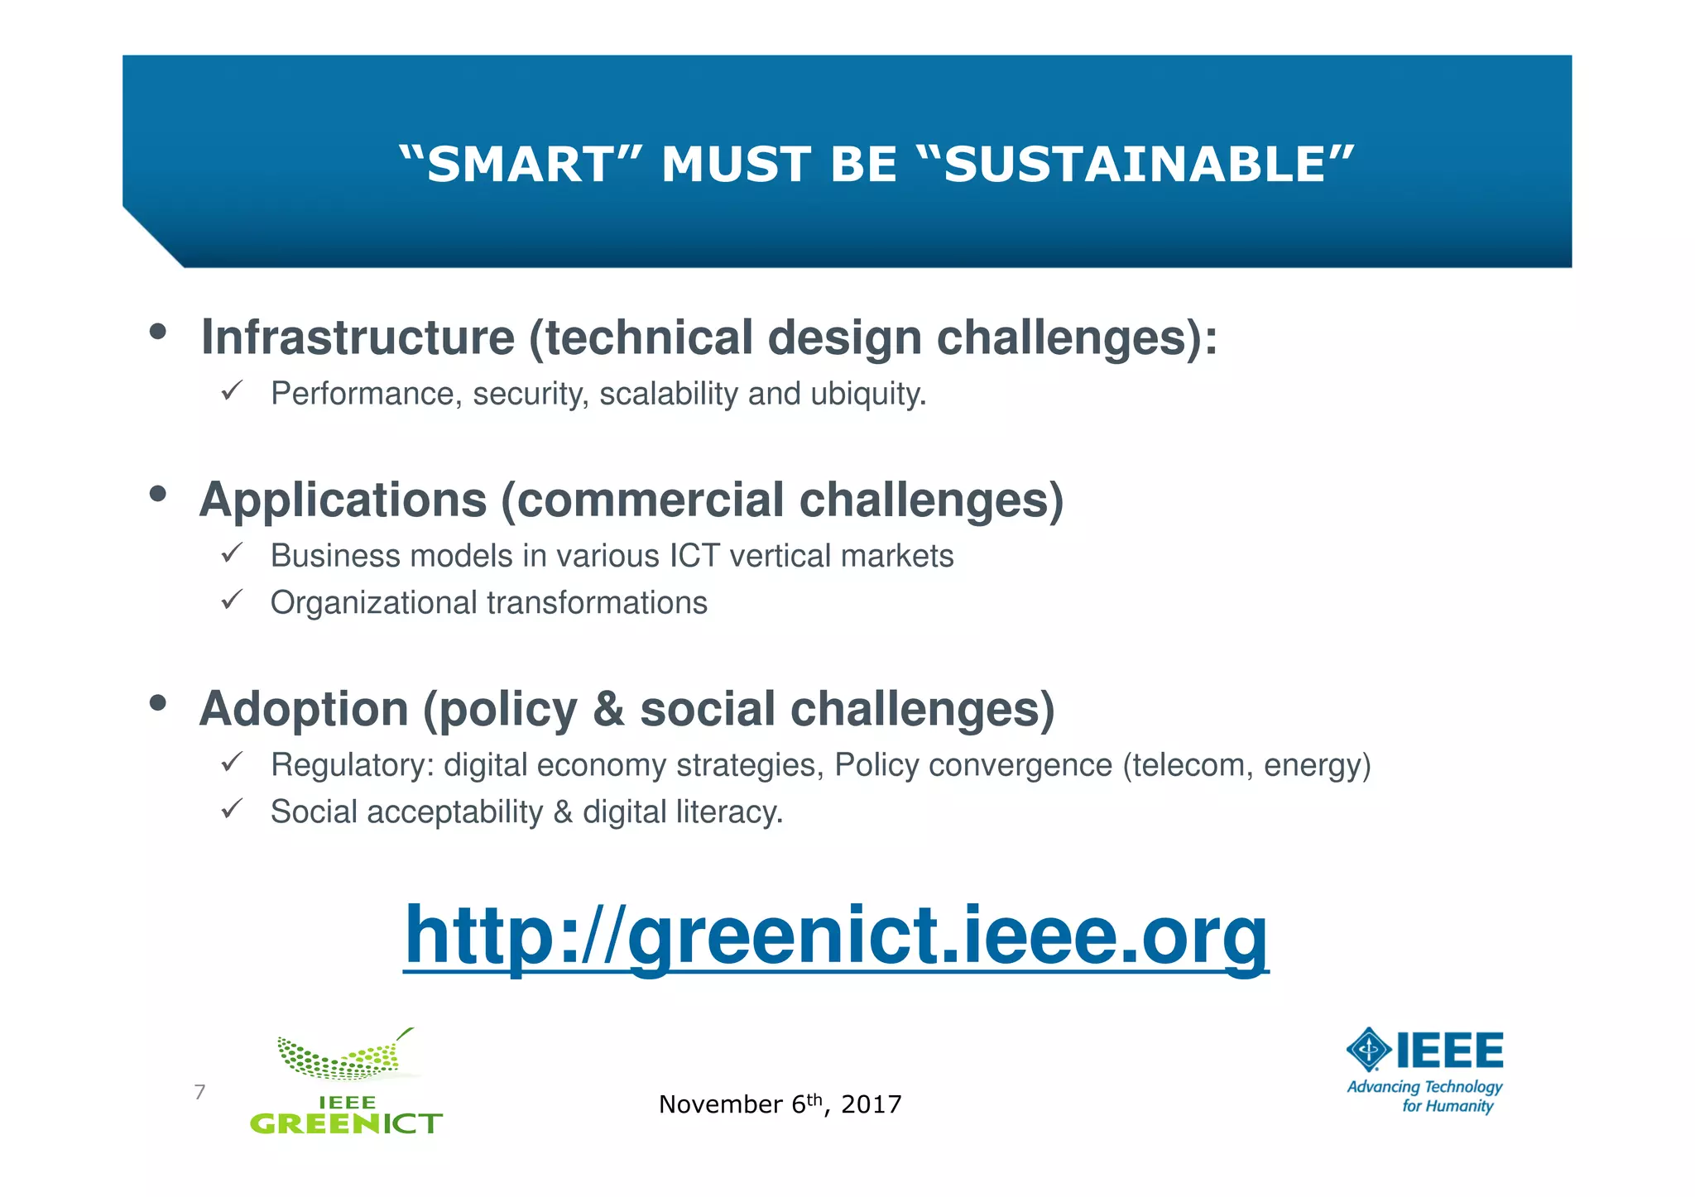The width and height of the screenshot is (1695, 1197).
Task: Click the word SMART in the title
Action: (520, 164)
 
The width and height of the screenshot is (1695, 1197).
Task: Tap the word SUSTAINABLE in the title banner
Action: (1136, 164)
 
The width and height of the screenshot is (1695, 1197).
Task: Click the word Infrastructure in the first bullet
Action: (358, 338)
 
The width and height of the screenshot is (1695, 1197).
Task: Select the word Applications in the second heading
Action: (343, 500)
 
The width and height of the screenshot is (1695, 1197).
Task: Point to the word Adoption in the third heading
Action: (304, 709)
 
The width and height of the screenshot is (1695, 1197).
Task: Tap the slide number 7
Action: (199, 1092)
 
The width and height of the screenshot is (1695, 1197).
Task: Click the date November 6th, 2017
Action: (780, 1104)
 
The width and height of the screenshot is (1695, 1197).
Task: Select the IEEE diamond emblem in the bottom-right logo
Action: (1370, 1050)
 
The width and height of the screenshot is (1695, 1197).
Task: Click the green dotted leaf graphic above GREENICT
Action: (346, 1058)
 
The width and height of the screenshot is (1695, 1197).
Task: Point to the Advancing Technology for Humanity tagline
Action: (1424, 1096)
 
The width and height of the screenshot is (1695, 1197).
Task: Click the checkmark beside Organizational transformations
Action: (231, 599)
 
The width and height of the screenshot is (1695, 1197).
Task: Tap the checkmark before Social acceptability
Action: (231, 808)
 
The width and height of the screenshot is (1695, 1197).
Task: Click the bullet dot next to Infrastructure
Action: (157, 332)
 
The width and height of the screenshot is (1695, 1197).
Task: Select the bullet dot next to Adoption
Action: (157, 703)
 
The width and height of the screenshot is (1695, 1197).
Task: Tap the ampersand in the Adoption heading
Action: (608, 709)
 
